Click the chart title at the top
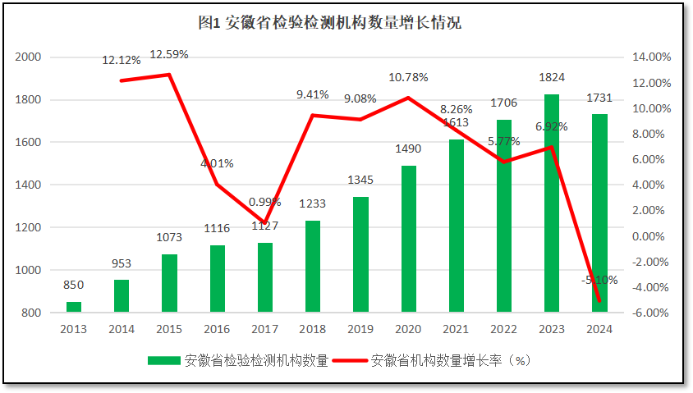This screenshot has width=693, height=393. [330, 22]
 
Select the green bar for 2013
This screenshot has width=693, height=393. [74, 307]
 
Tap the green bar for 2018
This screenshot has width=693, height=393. [312, 266]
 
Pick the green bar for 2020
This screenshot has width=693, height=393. [408, 239]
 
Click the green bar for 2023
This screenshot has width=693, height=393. [551, 203]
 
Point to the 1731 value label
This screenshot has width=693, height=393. [599, 98]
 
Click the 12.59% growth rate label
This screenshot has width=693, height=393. [169, 55]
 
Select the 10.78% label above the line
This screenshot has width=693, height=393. [408, 77]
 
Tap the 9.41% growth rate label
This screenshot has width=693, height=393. [312, 94]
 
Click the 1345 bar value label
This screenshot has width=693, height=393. [360, 180]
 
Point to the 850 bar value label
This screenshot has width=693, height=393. [74, 285]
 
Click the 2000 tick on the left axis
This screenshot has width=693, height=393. [29, 57]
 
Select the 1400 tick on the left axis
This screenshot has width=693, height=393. [29, 185]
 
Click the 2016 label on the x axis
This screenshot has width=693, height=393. [217, 328]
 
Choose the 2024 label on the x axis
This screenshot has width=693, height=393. [599, 328]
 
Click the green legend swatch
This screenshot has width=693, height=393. [164, 360]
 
